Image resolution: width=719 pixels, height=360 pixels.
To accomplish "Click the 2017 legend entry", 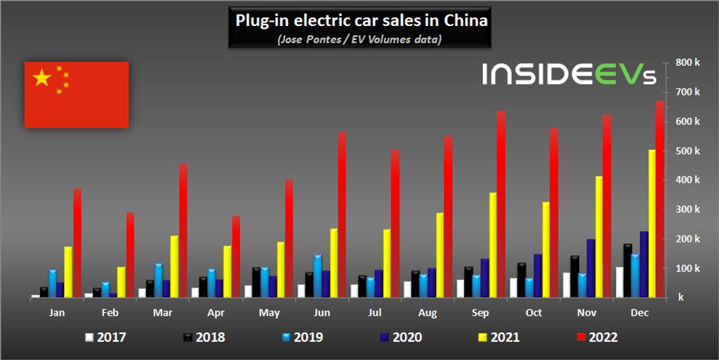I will (x=105, y=338).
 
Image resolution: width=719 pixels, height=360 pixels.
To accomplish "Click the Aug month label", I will (x=428, y=312).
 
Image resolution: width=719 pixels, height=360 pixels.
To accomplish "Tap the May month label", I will (x=270, y=312).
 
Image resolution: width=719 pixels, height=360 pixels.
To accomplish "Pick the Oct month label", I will (x=534, y=312).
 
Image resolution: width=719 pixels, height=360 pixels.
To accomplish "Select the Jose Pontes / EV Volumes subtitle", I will (x=359, y=39).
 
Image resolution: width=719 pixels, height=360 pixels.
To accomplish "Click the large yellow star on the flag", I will (x=42, y=78).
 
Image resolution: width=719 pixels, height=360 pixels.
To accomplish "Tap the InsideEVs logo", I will (x=569, y=74).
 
